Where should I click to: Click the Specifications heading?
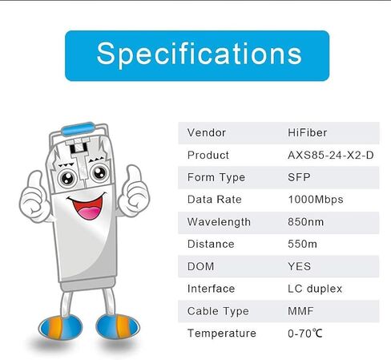tap(199, 55)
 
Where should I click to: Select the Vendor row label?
tap(207, 133)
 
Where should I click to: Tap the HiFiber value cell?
tap(307, 133)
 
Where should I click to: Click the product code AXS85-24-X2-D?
tap(331, 156)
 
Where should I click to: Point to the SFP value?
tap(299, 177)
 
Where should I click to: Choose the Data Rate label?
tap(215, 200)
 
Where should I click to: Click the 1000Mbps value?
tap(316, 200)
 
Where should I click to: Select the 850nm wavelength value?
tap(305, 222)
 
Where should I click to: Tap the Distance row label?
tap(211, 245)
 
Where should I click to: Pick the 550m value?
tap(302, 245)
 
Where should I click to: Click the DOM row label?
tap(200, 266)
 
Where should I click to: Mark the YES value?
tap(299, 266)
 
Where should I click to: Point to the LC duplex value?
tap(315, 289)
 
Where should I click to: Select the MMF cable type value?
tap(300, 311)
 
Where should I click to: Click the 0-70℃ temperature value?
tap(305, 334)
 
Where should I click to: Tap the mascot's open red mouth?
tap(87, 206)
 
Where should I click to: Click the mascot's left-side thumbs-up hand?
tap(34, 197)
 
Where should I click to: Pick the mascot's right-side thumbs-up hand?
tap(134, 190)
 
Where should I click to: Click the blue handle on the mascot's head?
tap(78, 128)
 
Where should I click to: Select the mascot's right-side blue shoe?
tap(118, 326)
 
